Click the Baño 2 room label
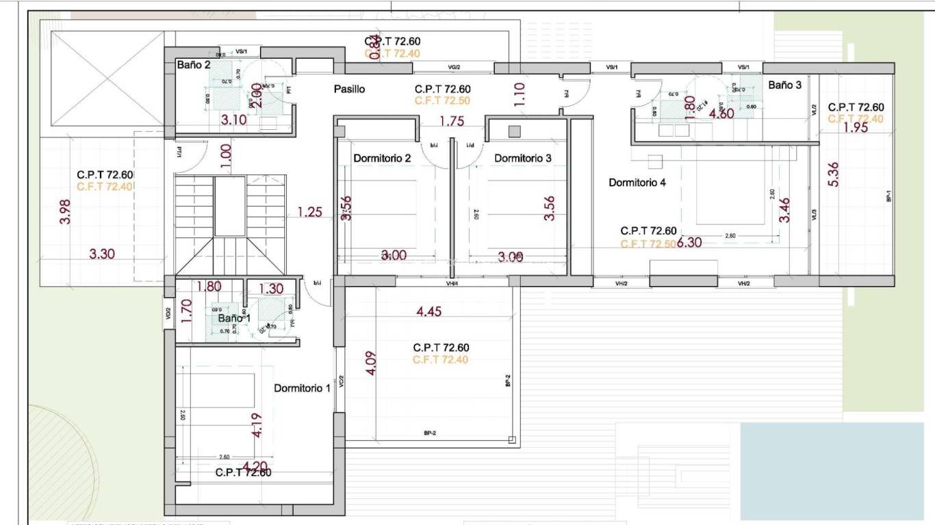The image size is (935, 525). coord(194,66)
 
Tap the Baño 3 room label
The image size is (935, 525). coord(784,85)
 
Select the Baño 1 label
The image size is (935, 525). coord(234,319)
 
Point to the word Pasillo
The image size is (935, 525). coord(349,90)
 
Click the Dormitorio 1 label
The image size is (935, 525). coord(302,388)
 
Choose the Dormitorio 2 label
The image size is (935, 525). coord(382,159)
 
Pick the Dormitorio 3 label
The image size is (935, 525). coord(523,159)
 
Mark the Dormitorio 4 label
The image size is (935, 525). coord(637,183)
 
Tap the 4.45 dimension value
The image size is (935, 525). coord(429,312)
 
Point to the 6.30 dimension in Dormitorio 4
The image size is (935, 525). coord(690,243)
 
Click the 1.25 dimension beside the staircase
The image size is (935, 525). coord(309,213)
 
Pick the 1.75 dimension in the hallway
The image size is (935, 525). coord(452,122)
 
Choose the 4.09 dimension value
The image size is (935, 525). coord(371,362)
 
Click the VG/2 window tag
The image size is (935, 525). coord(454,67)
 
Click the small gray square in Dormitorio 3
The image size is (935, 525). coord(515,131)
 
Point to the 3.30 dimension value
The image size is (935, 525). coord(102,254)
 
